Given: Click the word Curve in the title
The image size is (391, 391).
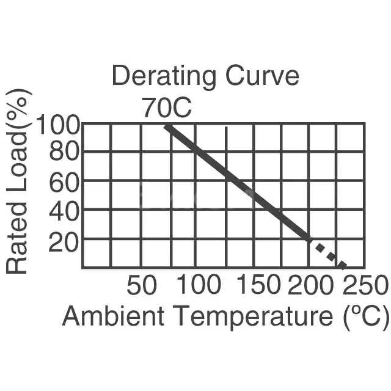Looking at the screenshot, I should point(260,77).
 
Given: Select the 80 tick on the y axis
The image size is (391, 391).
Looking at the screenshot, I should point(64,152).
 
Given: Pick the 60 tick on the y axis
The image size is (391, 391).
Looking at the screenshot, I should point(64,181).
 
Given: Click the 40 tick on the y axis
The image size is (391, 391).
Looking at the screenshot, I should point(64,211).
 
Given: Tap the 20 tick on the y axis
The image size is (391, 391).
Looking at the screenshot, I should point(64,243).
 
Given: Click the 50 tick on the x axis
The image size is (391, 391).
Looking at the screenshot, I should point(142,285).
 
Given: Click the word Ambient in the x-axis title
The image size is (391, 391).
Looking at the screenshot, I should point(113,316).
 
